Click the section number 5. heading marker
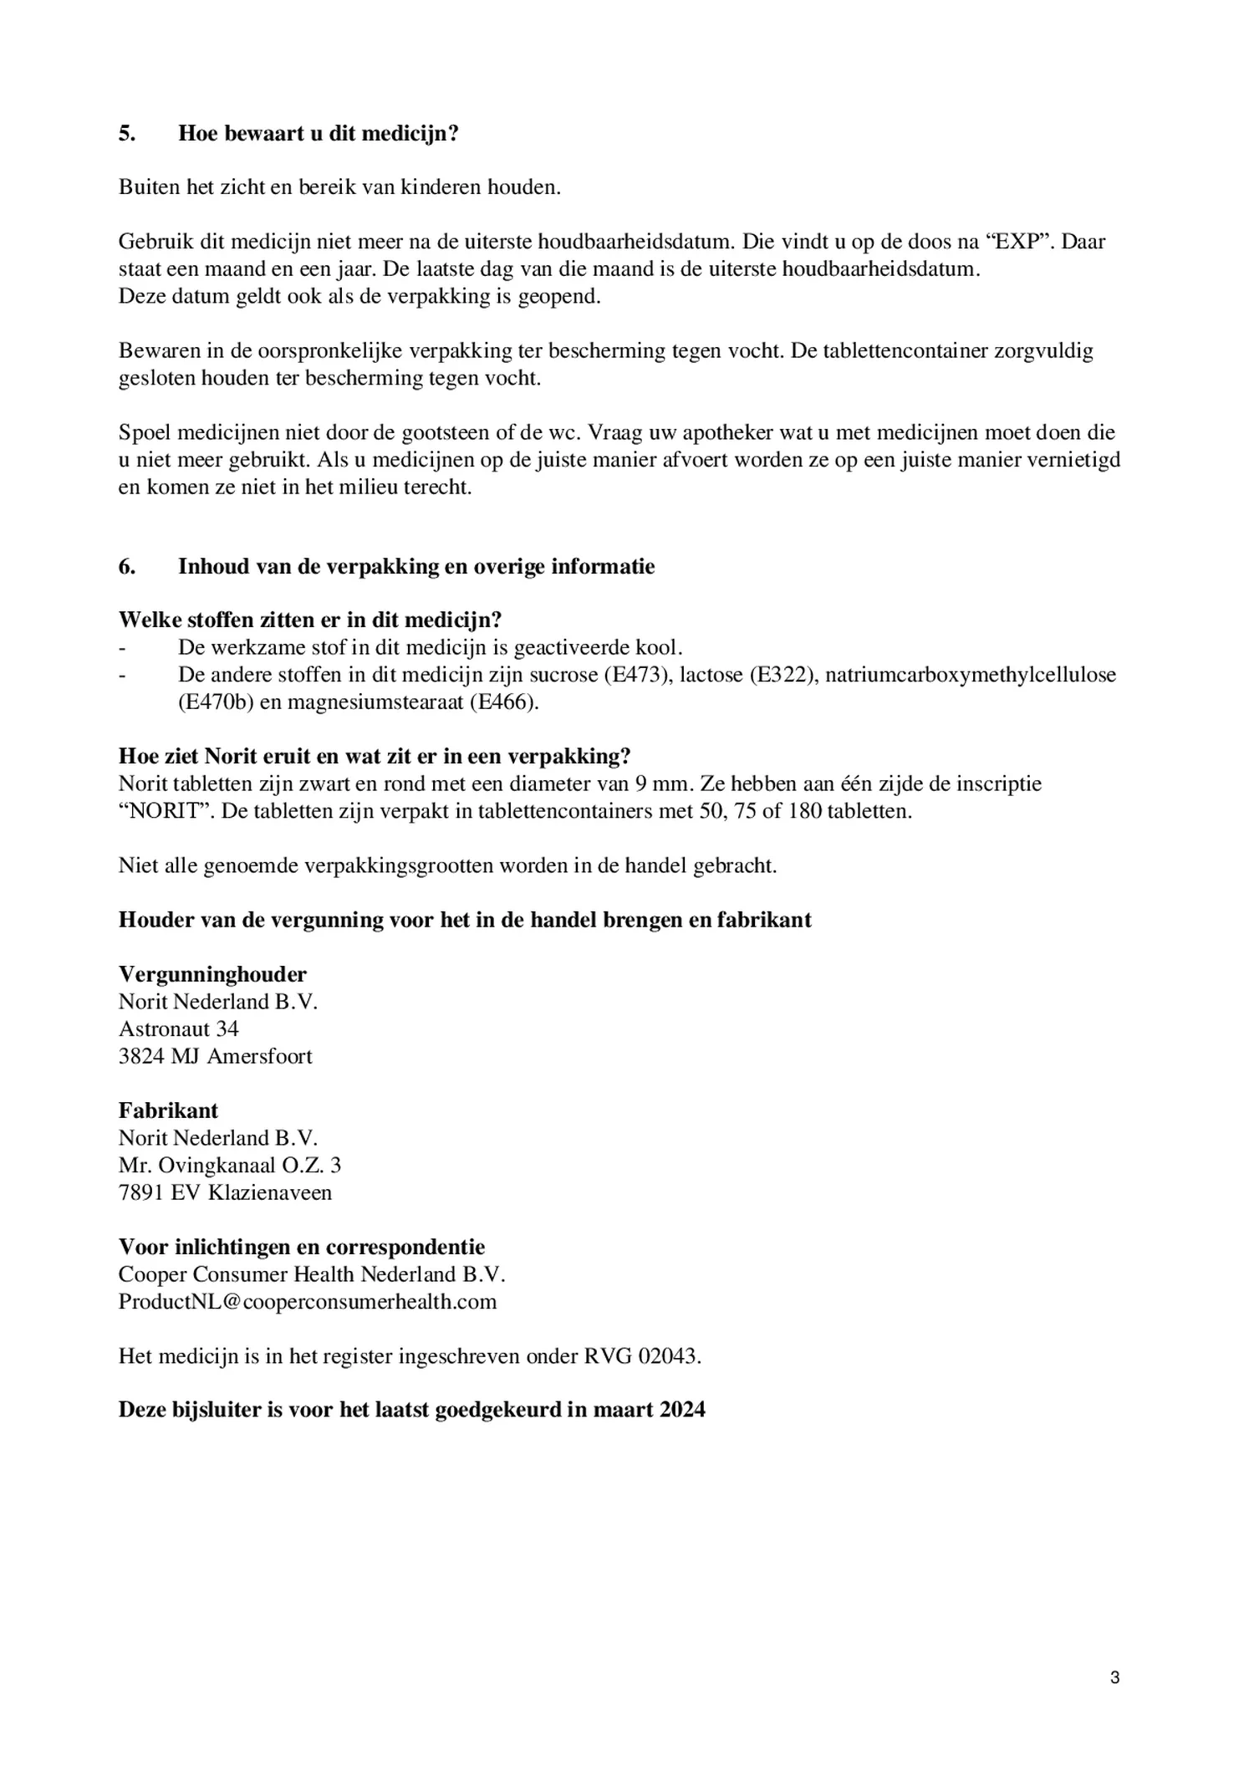pyautogui.click(x=126, y=134)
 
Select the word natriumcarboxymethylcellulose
pyautogui.click(x=971, y=675)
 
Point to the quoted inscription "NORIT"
pyautogui.click(x=167, y=812)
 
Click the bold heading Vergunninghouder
pyautogui.click(x=212, y=974)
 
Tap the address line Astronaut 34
pyautogui.click(x=179, y=1028)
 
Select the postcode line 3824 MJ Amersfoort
pyautogui.click(x=215, y=1056)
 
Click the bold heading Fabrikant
pyautogui.click(x=168, y=1110)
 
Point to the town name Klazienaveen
pyautogui.click(x=269, y=1192)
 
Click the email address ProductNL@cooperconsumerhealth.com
pyautogui.click(x=307, y=1302)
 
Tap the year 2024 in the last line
pyautogui.click(x=681, y=1411)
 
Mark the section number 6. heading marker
pyautogui.click(x=126, y=567)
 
